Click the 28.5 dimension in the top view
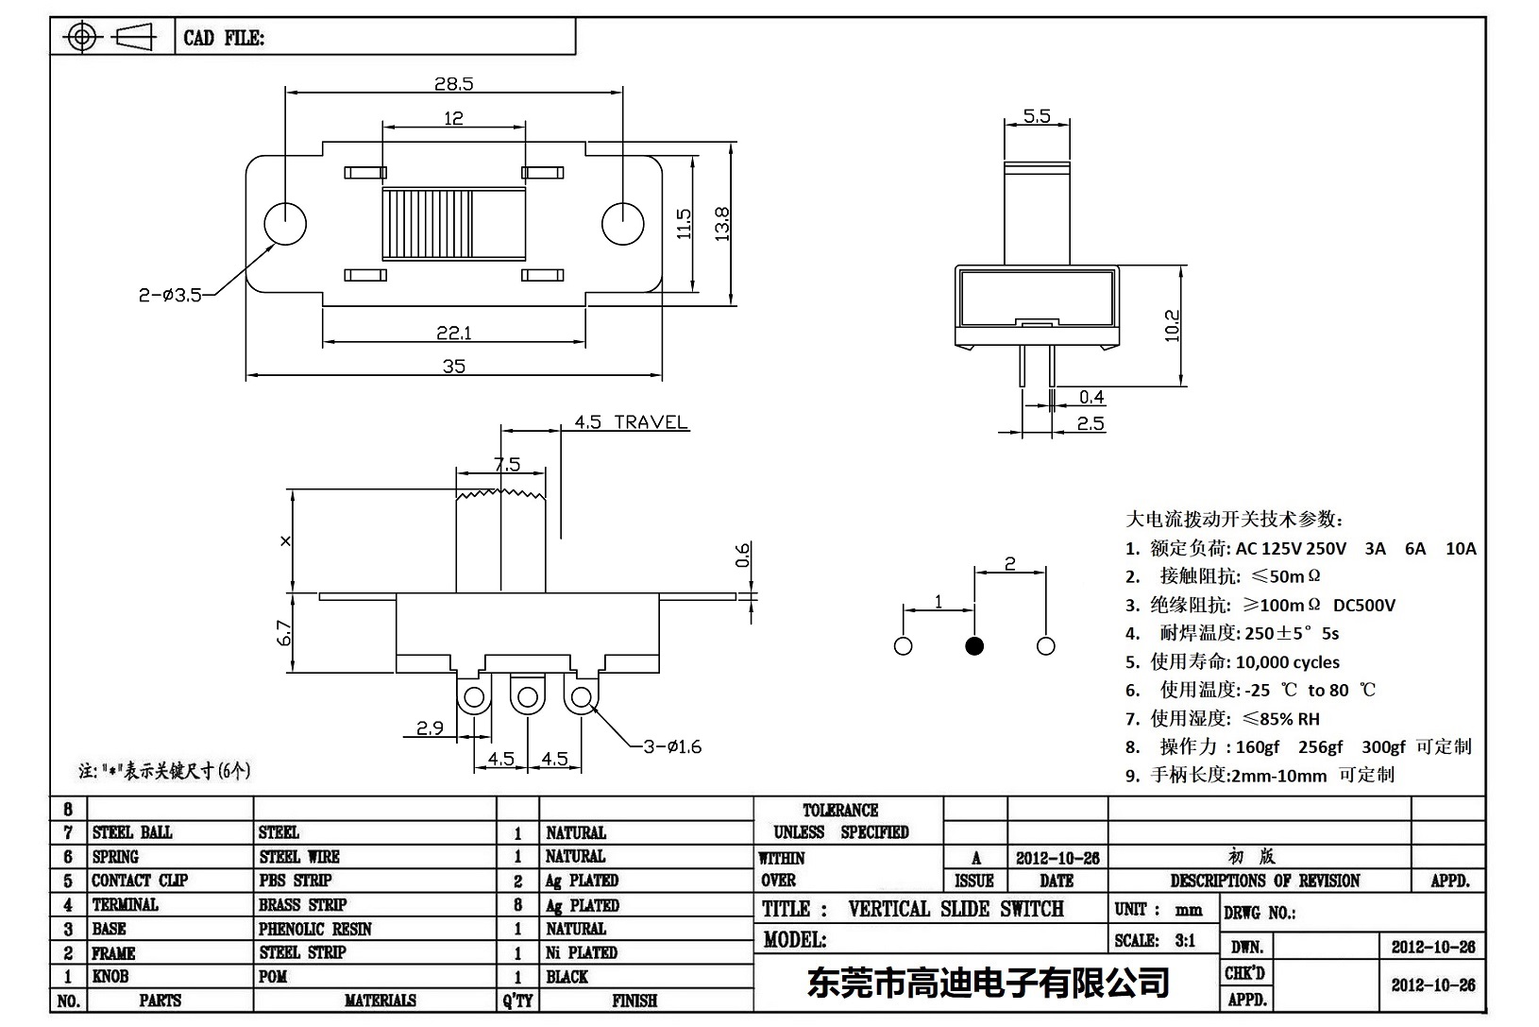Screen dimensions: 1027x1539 [x=453, y=83]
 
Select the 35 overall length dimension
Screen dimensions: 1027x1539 [x=453, y=366]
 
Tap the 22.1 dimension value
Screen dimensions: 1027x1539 [x=453, y=333]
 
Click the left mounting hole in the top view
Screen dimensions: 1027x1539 [x=285, y=224]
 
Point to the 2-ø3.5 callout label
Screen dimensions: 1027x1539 [x=170, y=296]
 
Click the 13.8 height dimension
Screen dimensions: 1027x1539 [x=722, y=224]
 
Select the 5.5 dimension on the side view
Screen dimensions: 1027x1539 [x=1036, y=116]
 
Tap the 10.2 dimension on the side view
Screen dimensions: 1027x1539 [x=1172, y=325]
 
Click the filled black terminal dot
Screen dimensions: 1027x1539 [x=974, y=646]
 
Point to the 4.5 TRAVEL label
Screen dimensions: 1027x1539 [x=631, y=422]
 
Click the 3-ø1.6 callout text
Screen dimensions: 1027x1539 [x=672, y=746]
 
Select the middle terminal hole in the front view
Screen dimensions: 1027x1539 [x=526, y=699]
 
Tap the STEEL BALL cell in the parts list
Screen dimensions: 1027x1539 [x=132, y=832]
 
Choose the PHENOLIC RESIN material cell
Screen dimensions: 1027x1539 [x=315, y=929]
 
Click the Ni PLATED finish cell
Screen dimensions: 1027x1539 [x=582, y=952]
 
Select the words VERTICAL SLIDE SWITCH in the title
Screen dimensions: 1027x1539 [x=956, y=909]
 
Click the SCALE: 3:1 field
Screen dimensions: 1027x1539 [x=1155, y=940]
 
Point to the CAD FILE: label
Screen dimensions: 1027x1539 [x=224, y=38]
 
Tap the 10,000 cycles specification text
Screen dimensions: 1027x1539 [x=1288, y=662]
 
